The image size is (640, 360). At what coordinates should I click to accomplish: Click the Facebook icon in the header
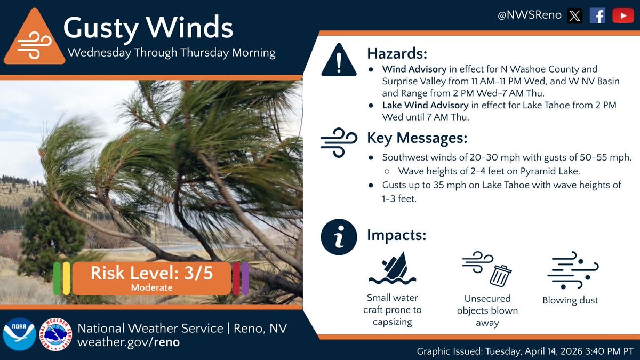(597, 16)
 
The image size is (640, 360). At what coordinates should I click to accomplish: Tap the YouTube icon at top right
(622, 16)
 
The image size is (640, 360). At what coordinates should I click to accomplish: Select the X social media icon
(574, 16)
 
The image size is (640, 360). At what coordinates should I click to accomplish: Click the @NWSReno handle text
(529, 15)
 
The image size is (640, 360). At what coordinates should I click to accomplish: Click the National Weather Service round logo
(58, 335)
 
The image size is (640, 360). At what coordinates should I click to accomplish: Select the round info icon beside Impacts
(338, 237)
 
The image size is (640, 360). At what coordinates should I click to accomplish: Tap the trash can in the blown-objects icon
(500, 275)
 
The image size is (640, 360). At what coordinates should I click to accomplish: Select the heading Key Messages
(417, 138)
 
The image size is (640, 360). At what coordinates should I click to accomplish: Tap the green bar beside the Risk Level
(57, 278)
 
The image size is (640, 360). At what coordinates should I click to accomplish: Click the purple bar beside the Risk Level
(245, 278)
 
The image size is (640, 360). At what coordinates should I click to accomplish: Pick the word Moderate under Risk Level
(151, 287)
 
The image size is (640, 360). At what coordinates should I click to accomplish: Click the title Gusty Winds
(148, 28)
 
